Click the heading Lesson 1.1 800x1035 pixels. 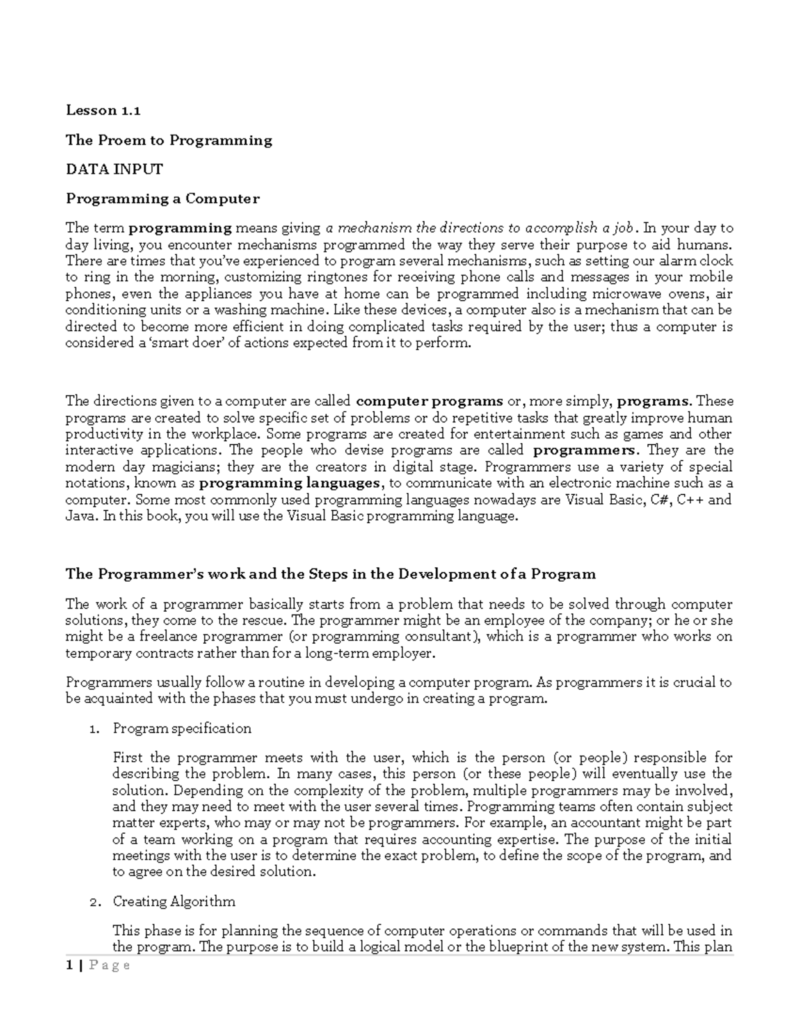pyautogui.click(x=103, y=111)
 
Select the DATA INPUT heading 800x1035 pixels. pyautogui.click(x=114, y=169)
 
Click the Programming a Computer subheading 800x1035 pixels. pyautogui.click(x=162, y=199)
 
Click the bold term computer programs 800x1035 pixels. pyautogui.click(x=430, y=401)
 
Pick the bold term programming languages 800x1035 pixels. pyautogui.click(x=290, y=483)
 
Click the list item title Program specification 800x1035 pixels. pyautogui.click(x=182, y=728)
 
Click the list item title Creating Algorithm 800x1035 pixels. pyautogui.click(x=174, y=902)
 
